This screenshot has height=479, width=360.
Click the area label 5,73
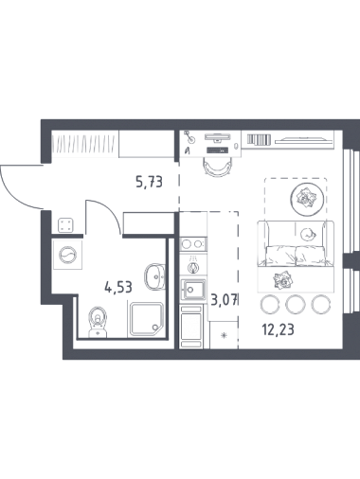149,182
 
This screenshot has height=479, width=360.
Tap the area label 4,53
118,288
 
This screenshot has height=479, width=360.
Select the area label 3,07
224,300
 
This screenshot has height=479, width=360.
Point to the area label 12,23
278,329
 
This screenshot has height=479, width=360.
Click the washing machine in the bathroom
67,255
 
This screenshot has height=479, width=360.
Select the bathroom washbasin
155,276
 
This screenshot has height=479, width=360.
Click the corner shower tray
146,319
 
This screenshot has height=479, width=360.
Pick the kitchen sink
192,289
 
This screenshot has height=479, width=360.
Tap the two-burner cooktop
192,243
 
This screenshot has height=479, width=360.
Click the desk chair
217,167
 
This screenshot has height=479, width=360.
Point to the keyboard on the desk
217,151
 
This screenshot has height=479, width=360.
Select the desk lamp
190,136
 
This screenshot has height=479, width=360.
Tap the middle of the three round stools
296,304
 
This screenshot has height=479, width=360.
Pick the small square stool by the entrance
66,225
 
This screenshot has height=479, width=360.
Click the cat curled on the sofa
307,234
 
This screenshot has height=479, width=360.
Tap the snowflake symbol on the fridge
224,335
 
